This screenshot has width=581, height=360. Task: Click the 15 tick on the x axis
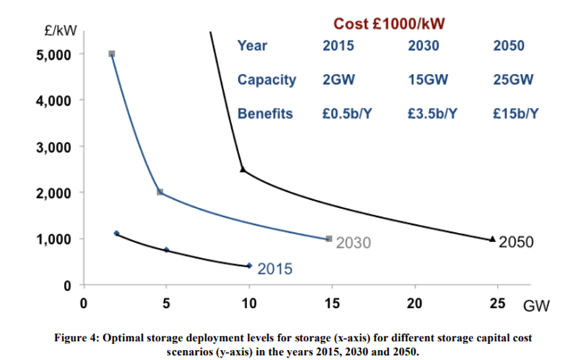tap(332, 303)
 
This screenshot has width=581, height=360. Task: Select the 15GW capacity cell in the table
tap(424, 80)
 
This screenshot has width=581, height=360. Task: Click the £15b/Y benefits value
tap(511, 114)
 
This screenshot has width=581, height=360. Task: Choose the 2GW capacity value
tap(338, 80)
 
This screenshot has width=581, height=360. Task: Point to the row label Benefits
tap(265, 114)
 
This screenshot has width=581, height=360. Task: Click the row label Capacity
tap(266, 80)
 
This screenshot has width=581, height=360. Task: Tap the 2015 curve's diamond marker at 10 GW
tap(249, 266)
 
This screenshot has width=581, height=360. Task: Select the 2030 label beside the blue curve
tap(354, 242)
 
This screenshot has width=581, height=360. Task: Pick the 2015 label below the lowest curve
tap(274, 270)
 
